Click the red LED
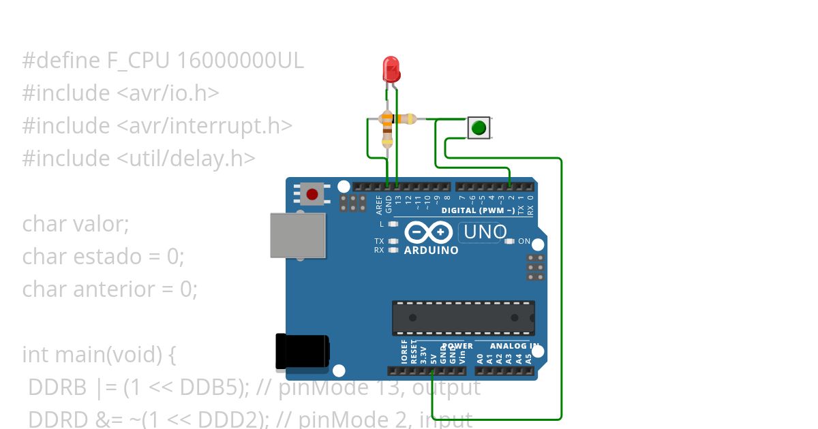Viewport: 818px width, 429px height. coord(391,69)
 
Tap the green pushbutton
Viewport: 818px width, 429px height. coord(479,127)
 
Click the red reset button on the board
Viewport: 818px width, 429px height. coord(312,194)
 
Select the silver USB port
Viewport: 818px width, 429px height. coord(297,235)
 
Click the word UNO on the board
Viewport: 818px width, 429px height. coord(485,232)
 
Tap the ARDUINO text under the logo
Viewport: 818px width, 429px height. coord(431,250)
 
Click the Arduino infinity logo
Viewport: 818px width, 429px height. coord(429,233)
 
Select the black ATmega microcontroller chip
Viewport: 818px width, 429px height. coord(463,318)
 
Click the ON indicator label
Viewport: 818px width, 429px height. coord(524,241)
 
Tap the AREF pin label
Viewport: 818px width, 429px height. coord(379,202)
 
